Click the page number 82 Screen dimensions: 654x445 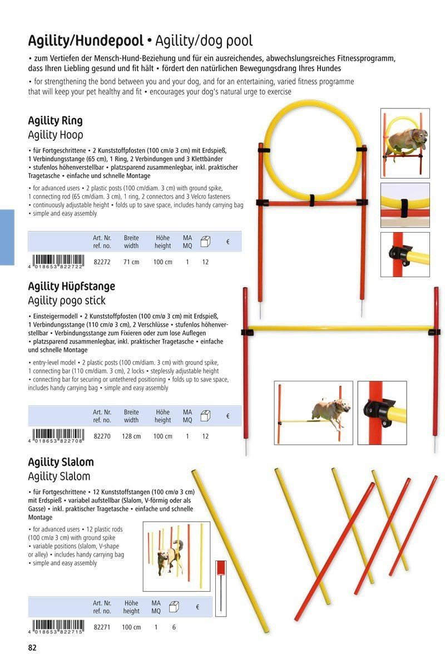[x=32, y=647]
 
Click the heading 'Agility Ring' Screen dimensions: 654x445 [x=55, y=121]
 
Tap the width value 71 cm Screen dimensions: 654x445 [x=131, y=262]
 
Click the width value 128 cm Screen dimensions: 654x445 [x=131, y=436]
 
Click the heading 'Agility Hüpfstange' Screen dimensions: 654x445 [x=71, y=286]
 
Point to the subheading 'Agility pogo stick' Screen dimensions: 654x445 [x=66, y=301]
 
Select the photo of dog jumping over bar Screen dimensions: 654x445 [x=313, y=412]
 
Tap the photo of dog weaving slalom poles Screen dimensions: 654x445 [x=176, y=555]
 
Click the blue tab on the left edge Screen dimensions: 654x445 [x=7, y=237]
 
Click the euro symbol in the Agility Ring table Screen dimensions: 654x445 [x=228, y=242]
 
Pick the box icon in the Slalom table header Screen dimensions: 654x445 [x=174, y=607]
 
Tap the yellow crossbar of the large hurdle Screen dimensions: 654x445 [x=339, y=328]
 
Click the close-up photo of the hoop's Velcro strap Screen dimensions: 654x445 [x=405, y=205]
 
